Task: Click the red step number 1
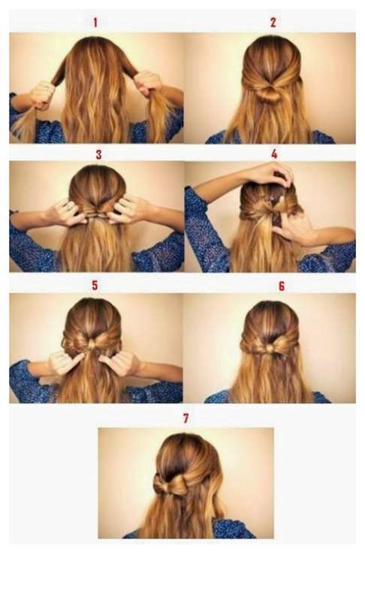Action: tap(95, 22)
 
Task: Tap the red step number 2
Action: tap(273, 22)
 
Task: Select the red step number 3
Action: tap(98, 155)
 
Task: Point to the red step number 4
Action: tap(274, 154)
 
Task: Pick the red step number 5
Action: tap(95, 286)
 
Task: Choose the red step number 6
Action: tap(282, 286)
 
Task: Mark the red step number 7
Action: tap(186, 418)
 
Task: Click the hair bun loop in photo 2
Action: tap(270, 93)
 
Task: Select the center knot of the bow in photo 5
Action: tap(92, 344)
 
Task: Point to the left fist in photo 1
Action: tap(42, 95)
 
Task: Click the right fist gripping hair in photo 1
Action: tap(147, 83)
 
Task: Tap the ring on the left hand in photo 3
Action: tap(68, 207)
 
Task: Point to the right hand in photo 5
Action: tap(121, 362)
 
